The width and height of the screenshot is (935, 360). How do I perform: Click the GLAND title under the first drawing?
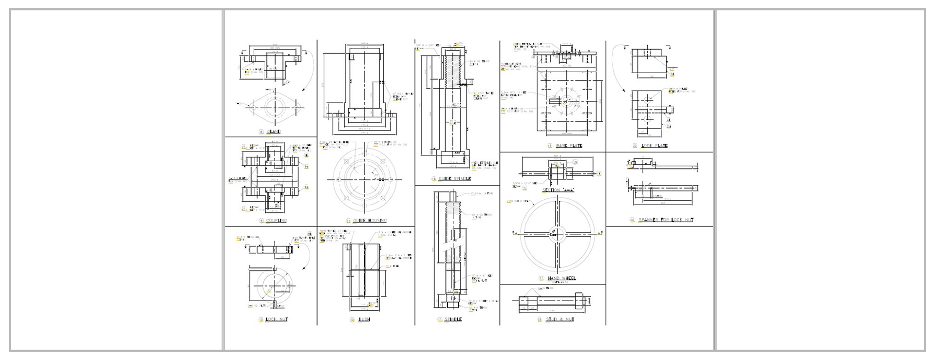(x=274, y=132)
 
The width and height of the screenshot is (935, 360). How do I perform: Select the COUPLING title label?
(x=276, y=221)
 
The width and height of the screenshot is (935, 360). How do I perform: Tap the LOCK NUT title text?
(x=277, y=320)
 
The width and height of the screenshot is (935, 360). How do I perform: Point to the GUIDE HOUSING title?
(x=370, y=221)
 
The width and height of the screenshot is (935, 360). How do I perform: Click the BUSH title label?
(x=364, y=320)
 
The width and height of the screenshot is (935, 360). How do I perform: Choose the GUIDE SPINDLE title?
(x=454, y=179)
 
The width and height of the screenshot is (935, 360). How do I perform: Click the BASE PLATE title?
(x=569, y=146)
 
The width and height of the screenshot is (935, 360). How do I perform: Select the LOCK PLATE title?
(x=654, y=146)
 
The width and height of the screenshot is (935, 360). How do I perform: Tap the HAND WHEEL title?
(x=561, y=278)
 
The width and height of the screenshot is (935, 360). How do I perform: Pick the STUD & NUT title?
(x=560, y=320)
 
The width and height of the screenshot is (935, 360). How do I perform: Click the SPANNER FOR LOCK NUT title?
(x=666, y=220)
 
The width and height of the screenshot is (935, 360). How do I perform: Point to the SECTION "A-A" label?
(x=558, y=190)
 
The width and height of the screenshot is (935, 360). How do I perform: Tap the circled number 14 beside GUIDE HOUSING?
(x=348, y=221)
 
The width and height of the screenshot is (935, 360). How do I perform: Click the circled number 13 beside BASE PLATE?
(x=549, y=146)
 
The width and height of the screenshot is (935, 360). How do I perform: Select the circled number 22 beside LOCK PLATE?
(x=635, y=146)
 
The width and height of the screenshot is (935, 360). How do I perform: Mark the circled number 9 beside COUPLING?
(x=262, y=221)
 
